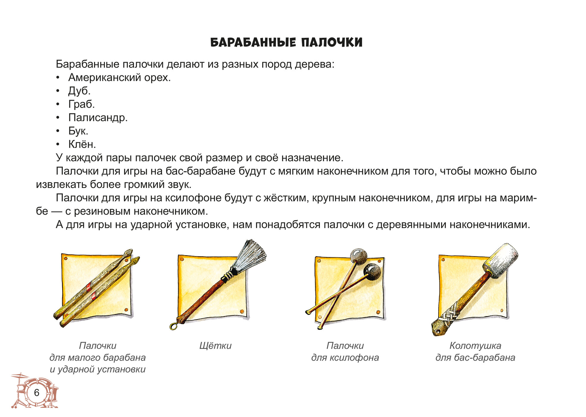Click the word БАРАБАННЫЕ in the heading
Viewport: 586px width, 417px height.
253,42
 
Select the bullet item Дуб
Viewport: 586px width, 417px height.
79,91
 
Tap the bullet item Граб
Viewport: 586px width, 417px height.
81,104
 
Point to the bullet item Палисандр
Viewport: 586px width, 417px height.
98,118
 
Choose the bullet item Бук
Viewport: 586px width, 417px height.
78,131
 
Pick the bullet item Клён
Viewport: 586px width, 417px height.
82,144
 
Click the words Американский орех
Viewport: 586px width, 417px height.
119,77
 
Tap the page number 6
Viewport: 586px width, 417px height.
37,393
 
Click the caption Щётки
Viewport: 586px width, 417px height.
215,346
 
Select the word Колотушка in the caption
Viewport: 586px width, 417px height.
475,346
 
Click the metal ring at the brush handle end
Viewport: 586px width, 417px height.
174,326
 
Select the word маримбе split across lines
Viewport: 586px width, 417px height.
518,198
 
